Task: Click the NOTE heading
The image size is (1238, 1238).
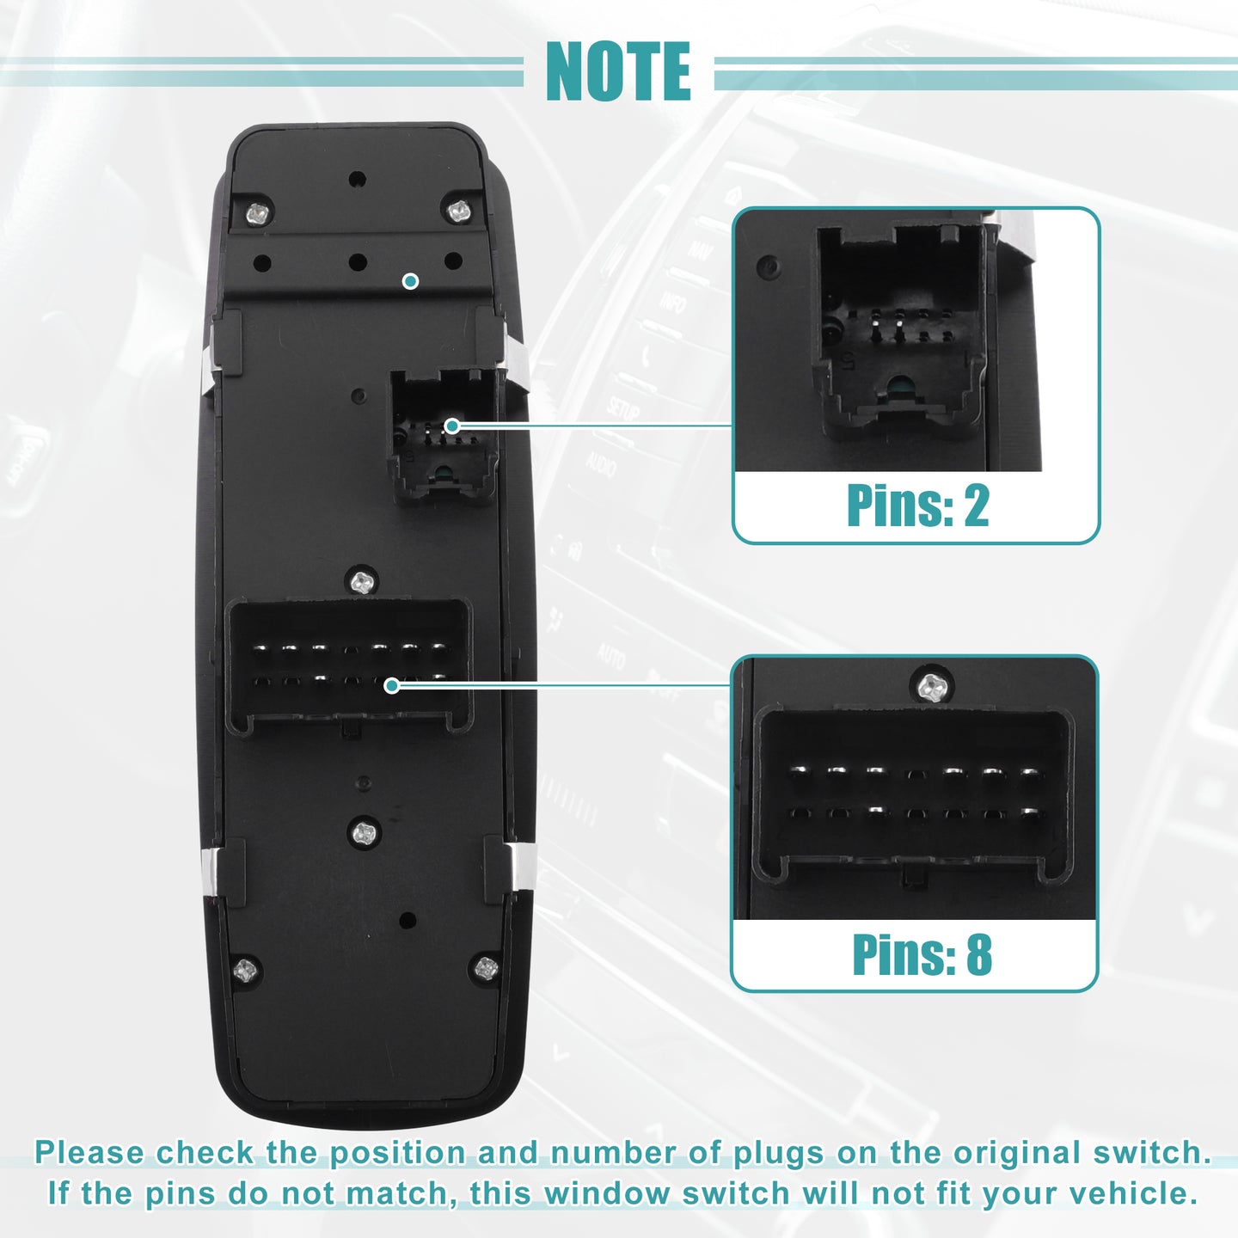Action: (x=618, y=71)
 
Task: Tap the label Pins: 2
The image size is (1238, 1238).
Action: (x=918, y=506)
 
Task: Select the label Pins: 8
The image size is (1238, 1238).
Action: (x=922, y=954)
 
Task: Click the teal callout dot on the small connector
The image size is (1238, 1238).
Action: (x=452, y=426)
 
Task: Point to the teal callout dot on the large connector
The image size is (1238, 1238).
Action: (x=391, y=685)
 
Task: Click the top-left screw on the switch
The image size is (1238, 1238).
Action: (x=258, y=212)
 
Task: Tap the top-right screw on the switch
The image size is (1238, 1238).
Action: (x=459, y=210)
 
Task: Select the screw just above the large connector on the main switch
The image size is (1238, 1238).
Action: (x=363, y=582)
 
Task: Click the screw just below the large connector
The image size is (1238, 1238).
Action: (x=365, y=833)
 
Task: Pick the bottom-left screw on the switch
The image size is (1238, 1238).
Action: (x=245, y=971)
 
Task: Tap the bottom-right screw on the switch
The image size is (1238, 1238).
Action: (x=487, y=968)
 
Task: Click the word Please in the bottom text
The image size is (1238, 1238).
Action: (x=89, y=1153)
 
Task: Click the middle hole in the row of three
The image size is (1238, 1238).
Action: (x=358, y=262)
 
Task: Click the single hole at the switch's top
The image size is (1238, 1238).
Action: (x=357, y=179)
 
